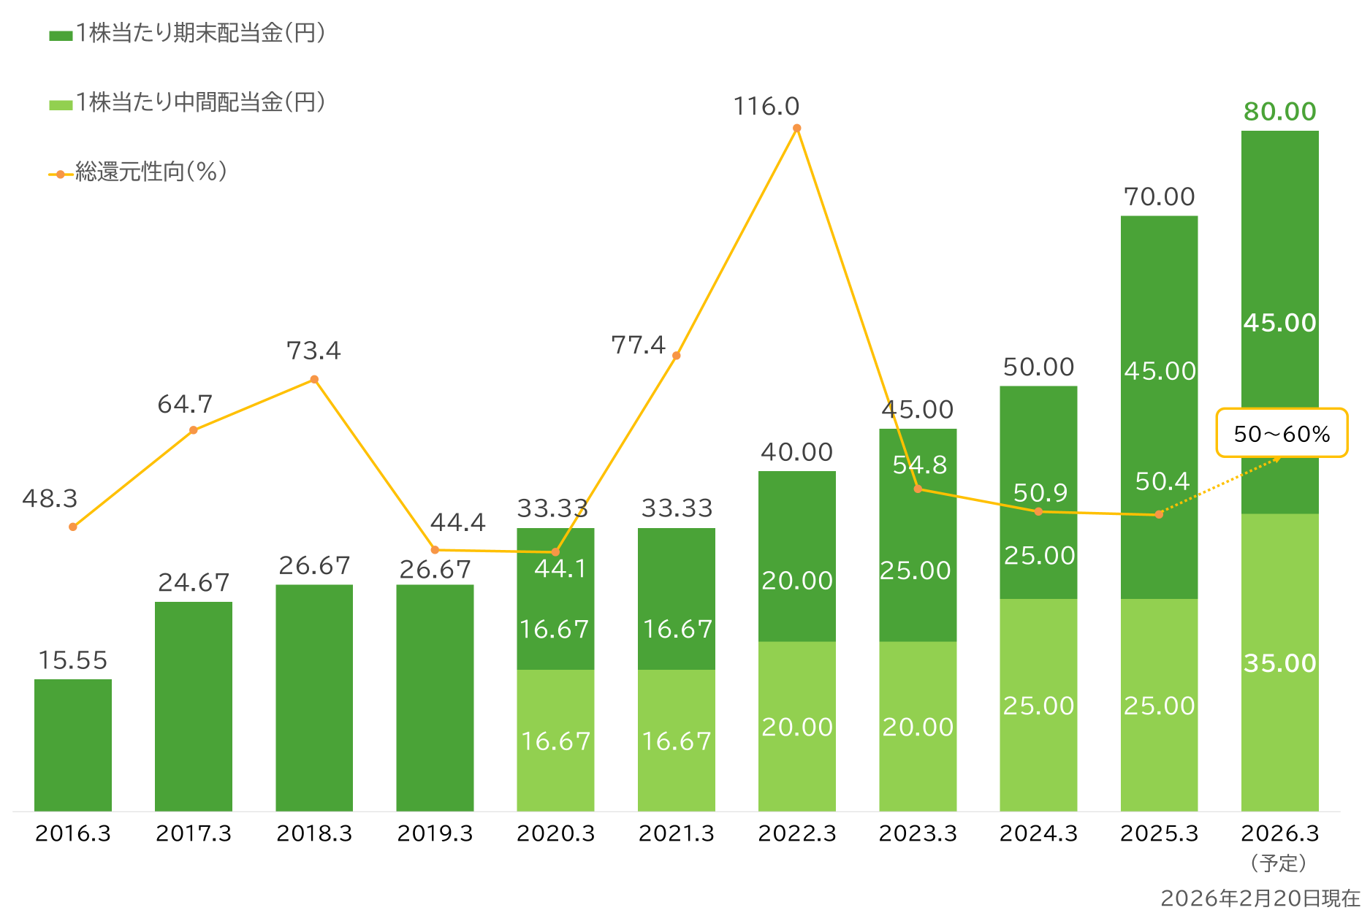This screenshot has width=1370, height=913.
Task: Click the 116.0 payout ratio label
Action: [x=766, y=107]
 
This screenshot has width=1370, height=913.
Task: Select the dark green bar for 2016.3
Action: [x=73, y=745]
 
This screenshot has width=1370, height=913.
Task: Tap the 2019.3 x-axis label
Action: [x=435, y=833]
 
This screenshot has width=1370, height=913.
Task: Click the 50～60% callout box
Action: [x=1282, y=434]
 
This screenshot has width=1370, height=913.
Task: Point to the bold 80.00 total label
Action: [x=1279, y=112]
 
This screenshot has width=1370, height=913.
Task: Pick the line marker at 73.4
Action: [x=314, y=379]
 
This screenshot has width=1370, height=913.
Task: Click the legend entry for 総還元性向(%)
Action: [x=139, y=172]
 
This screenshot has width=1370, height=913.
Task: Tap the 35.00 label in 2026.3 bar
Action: [x=1279, y=663]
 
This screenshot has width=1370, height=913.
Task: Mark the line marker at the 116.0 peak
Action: [x=797, y=129]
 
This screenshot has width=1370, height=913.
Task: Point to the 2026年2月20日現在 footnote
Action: [x=1260, y=898]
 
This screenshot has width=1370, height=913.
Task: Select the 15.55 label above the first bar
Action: [x=73, y=660]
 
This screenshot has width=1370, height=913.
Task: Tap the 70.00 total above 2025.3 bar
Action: [x=1159, y=196]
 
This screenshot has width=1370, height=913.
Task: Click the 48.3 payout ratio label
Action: [x=50, y=498]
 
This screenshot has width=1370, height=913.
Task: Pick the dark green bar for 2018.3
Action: [x=314, y=698]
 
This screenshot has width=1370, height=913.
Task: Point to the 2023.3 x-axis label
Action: [x=918, y=833]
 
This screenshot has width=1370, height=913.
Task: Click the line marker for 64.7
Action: [x=194, y=430]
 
